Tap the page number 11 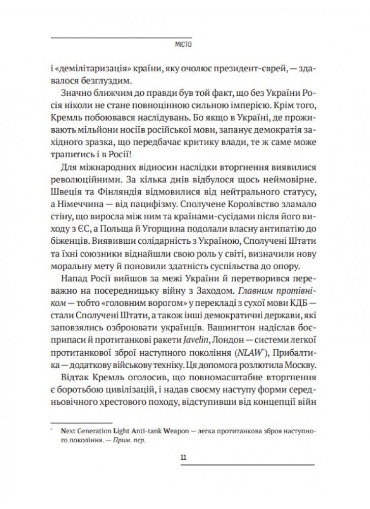tap(184, 456)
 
